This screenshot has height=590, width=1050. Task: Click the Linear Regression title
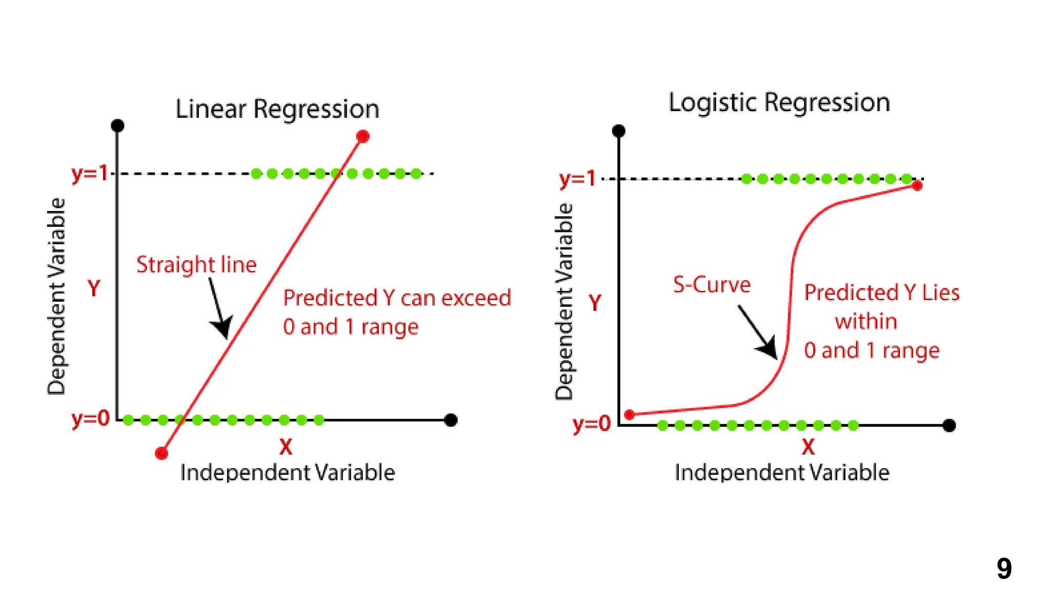[x=277, y=109]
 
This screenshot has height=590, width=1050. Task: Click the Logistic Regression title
[x=779, y=102]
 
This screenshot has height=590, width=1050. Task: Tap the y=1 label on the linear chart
[x=90, y=173]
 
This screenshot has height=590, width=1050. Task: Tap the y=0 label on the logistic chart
[x=592, y=424]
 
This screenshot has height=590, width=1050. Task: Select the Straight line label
[x=196, y=265]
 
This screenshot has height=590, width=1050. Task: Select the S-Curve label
[x=712, y=285]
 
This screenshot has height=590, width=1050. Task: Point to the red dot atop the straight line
[x=363, y=136]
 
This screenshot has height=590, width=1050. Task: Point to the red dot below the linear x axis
[x=161, y=453]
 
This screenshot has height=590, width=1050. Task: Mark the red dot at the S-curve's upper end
[x=917, y=186]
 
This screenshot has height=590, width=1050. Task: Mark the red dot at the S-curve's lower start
[x=630, y=414]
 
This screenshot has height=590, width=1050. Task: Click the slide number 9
[x=1004, y=568]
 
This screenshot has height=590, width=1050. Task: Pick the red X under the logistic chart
[x=808, y=447]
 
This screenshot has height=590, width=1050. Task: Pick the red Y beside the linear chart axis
[x=94, y=288]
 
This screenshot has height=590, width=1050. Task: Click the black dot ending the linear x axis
[x=451, y=420]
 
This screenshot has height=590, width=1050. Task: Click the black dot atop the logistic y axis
[x=619, y=131]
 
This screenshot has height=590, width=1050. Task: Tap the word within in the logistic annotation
[x=866, y=322]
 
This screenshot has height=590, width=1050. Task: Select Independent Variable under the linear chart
[x=288, y=472]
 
